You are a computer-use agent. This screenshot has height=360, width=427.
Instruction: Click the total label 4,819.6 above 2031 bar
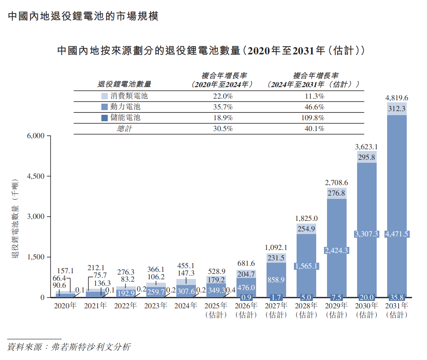397,98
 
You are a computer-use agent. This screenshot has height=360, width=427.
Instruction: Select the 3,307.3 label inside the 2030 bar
367,234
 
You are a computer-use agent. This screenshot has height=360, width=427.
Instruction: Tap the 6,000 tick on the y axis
36,136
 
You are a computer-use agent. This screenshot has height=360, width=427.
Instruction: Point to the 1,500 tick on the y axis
36,257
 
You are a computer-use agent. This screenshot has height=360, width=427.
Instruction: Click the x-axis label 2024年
186,306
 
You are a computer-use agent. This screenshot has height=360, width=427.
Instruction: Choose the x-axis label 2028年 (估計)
306,310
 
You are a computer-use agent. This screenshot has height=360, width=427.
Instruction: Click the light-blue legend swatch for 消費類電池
104,96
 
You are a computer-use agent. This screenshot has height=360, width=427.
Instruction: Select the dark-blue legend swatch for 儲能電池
104,118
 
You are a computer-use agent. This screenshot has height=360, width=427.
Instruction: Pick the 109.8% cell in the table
314,118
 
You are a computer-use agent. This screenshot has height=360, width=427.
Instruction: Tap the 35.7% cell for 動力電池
223,107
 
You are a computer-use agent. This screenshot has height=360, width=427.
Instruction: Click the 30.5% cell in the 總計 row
223,129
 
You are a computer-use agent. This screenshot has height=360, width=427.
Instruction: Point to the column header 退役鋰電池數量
124,84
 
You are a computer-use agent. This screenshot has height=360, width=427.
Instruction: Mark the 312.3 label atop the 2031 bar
397,109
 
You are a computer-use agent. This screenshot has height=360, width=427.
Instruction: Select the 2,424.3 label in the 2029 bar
336,251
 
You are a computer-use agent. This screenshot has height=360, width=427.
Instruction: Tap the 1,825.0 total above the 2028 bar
306,218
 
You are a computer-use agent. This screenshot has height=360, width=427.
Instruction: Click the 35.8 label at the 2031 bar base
397,298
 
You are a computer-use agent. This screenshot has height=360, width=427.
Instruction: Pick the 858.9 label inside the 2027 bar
276,280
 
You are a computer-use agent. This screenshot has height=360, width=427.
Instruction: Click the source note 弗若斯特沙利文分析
91,347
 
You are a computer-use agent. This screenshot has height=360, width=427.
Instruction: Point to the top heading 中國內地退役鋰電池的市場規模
83,16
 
